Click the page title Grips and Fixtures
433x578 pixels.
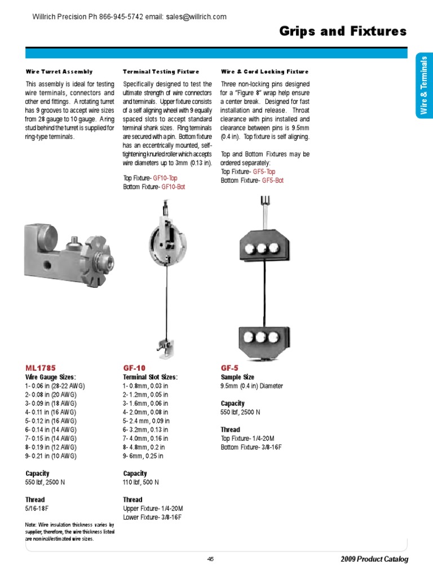[343, 32]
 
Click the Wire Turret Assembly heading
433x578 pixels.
[59, 72]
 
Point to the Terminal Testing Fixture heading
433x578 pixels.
[161, 72]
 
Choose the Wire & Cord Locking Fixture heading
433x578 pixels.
[264, 72]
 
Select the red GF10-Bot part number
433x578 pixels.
[173, 186]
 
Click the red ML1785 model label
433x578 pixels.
[41, 367]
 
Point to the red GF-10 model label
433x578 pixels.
[134, 367]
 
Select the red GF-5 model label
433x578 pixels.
[229, 367]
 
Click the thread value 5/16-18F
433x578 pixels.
[38, 509]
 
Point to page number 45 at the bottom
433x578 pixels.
[210, 559]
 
